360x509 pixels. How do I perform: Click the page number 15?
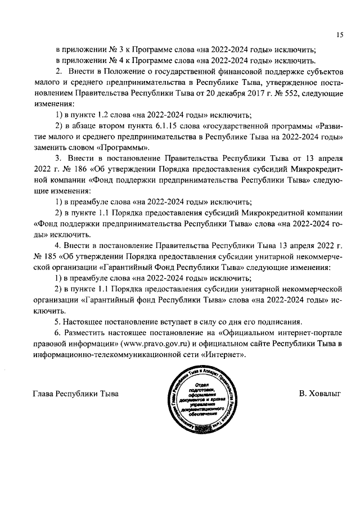pos(340,35)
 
